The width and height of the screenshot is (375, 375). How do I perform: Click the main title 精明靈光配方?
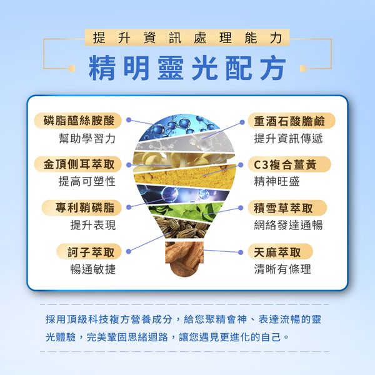187,68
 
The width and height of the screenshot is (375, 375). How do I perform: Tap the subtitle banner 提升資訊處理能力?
187,37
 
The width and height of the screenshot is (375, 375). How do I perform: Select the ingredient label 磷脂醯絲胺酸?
78,120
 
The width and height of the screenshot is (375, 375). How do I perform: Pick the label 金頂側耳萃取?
78,164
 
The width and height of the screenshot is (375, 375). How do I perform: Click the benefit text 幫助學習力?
87,139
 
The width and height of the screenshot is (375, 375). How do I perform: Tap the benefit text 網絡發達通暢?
288,225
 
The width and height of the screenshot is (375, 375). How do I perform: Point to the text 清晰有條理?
282,269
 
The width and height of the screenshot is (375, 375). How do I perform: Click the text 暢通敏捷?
93,269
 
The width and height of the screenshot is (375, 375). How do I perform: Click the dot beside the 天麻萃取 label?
241,252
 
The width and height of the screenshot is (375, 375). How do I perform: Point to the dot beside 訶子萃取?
128,251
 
